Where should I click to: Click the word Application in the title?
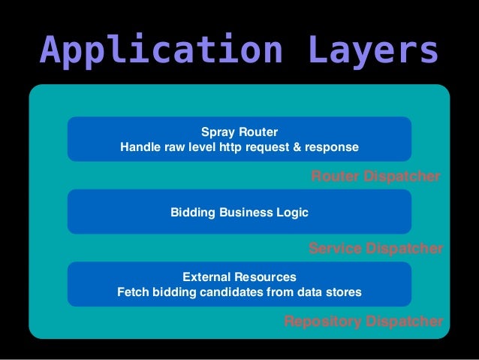[x=161, y=50]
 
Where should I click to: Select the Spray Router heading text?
[x=239, y=132]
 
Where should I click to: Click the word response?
[x=331, y=147]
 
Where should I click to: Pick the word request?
[x=268, y=147]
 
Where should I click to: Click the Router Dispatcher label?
[x=375, y=177]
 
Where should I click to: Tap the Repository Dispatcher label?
[x=363, y=322]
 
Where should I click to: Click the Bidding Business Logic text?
[x=239, y=213]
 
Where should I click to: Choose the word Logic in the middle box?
[x=293, y=213]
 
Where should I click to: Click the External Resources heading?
[x=239, y=277]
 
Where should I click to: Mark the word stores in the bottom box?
[x=344, y=292]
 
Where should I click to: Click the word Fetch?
[x=132, y=292]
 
